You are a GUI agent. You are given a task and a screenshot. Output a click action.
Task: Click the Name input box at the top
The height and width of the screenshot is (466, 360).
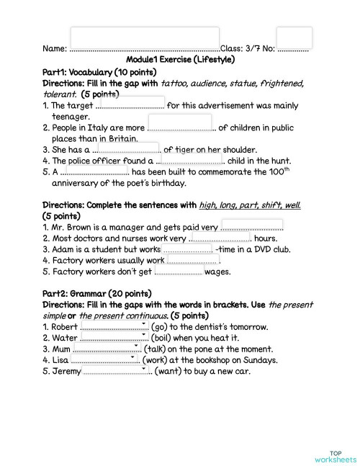tap(145, 37)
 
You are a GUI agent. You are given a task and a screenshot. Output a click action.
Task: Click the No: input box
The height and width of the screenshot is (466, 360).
tap(294, 37)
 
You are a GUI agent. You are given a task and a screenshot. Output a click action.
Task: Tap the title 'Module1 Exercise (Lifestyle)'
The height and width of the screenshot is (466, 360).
tap(180, 60)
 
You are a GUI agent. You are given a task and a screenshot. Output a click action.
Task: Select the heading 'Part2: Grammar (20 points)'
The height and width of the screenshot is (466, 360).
tap(97, 293)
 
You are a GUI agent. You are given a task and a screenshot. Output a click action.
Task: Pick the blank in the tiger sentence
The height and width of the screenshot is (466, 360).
tap(128, 148)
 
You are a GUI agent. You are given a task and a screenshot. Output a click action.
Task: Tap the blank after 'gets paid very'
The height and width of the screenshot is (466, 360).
tap(251, 225)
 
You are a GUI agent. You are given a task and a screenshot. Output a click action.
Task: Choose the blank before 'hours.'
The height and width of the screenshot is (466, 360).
tap(219, 238)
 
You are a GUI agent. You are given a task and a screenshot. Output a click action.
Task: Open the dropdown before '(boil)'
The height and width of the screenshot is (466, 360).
tap(114, 337)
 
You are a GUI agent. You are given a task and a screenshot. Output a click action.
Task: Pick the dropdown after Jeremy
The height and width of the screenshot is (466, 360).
tap(116, 370)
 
